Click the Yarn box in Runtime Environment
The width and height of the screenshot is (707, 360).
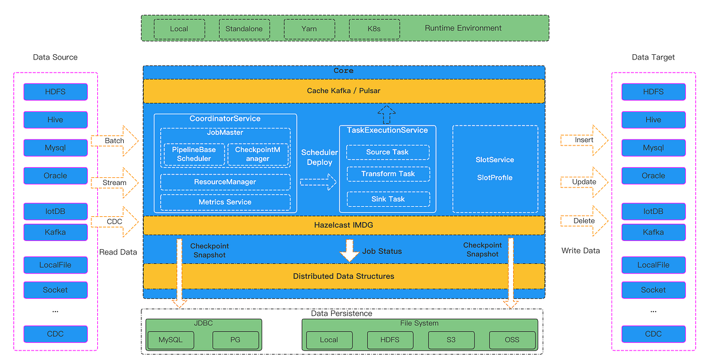(309, 29)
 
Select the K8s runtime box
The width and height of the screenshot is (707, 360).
(374, 29)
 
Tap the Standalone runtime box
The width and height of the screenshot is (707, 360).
(244, 29)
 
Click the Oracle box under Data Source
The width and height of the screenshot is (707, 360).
(55, 176)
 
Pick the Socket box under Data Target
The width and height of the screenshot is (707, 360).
(653, 290)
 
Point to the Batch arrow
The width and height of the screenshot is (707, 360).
(115, 141)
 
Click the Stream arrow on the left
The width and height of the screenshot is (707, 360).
(115, 183)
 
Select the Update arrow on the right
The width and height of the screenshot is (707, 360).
(584, 182)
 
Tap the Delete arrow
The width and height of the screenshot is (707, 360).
(584, 221)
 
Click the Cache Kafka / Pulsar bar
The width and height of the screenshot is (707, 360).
(344, 91)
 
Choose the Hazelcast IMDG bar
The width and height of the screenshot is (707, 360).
(344, 225)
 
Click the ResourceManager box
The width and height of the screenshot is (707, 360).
(225, 182)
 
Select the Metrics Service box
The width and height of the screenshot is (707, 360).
(225, 202)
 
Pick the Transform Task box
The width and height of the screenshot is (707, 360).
(388, 174)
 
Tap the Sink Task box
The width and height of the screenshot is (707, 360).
(388, 199)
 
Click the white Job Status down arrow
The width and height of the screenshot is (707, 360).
(349, 250)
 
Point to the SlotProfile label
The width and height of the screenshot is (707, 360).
(494, 177)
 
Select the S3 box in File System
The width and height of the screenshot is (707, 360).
(451, 340)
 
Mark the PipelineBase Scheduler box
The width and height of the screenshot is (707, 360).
(194, 154)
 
